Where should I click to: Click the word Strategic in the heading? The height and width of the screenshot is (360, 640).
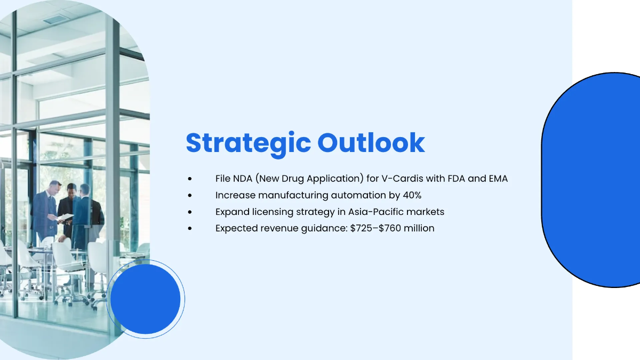[247, 143]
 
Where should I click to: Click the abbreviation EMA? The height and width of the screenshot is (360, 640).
[498, 179]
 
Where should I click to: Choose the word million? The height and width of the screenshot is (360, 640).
[420, 228]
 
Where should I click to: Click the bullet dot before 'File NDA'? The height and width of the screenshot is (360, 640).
[189, 179]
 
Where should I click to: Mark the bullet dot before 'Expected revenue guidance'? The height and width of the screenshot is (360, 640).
[189, 229]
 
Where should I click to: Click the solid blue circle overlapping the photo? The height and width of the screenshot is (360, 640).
[146, 299]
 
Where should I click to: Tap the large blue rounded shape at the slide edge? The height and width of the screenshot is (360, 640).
[592, 180]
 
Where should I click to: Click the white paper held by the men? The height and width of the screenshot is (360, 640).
[65, 217]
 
